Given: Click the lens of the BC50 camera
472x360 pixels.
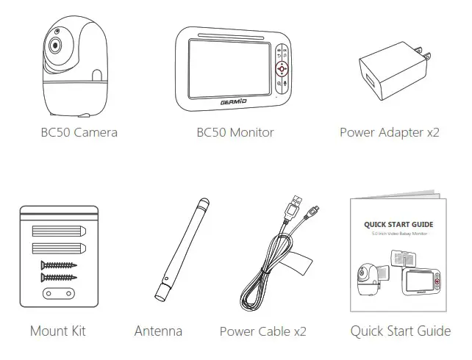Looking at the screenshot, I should [55, 46].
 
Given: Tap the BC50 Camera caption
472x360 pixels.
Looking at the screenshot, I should [79, 133].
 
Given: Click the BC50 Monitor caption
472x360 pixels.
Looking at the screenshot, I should [235, 133].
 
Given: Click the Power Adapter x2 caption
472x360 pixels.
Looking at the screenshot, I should [390, 133].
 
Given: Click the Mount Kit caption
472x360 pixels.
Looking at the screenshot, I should [57, 331].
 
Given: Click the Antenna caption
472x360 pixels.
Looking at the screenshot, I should [158, 331].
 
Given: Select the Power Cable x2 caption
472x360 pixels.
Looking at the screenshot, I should [262, 331].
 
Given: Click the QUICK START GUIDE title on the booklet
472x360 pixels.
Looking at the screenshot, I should [398, 224].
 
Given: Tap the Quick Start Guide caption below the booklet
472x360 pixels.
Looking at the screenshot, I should [400, 331].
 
